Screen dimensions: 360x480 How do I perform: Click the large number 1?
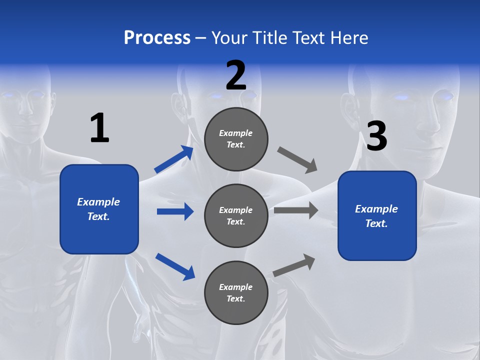pyautogui.click(x=99, y=128)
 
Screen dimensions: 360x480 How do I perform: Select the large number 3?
pyautogui.click(x=376, y=136)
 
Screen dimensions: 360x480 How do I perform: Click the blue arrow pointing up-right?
pyautogui.click(x=174, y=159)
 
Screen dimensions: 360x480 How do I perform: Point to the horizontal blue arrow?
pyautogui.click(x=175, y=211)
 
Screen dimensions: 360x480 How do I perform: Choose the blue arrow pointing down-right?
pyautogui.click(x=175, y=266)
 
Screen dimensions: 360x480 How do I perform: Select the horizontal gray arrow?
pyautogui.click(x=296, y=210)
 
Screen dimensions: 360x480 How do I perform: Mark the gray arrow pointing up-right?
pyautogui.click(x=294, y=265)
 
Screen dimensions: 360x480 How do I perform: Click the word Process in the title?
pyautogui.click(x=157, y=37)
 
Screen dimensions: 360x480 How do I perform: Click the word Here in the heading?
pyautogui.click(x=349, y=37)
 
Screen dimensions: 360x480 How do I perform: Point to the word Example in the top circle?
pyautogui.click(x=236, y=133)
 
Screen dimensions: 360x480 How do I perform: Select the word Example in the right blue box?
pyautogui.click(x=376, y=209)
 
